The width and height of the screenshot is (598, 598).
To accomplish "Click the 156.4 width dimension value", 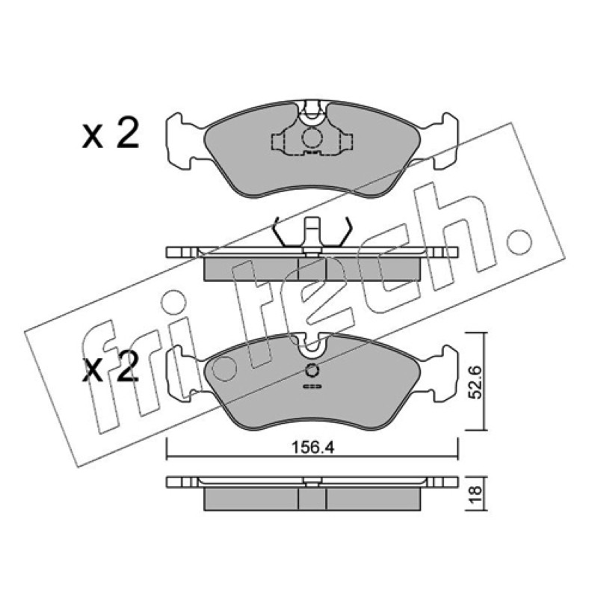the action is (312, 447).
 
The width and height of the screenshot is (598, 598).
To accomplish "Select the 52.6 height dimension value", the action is (475, 382).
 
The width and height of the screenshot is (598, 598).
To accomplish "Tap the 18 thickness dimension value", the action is (475, 494).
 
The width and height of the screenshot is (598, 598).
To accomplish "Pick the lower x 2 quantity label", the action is (110, 367).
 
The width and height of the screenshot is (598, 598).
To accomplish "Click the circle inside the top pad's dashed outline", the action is (312, 138).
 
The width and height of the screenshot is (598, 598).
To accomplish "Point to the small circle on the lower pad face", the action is (312, 370).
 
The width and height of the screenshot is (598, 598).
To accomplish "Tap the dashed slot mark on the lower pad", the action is (312, 386).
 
